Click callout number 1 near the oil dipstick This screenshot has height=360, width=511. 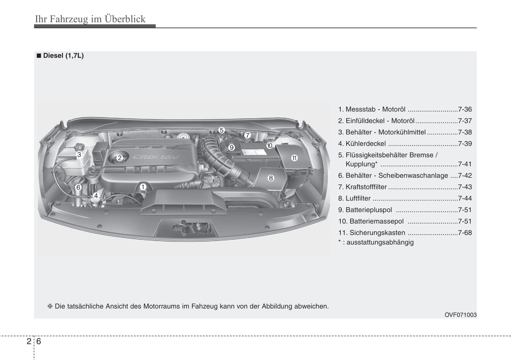point(143,187)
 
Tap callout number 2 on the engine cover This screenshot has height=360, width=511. point(120,158)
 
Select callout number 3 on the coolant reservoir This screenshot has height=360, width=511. point(79,154)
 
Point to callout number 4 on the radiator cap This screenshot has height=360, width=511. point(96,195)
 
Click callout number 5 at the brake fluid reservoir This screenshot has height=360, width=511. point(221,130)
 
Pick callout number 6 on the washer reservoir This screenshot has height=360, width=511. point(78,187)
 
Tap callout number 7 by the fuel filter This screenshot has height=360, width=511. point(247,135)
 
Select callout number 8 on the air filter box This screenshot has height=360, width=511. point(271,178)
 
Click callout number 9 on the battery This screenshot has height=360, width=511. point(232,147)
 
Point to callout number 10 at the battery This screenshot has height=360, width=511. point(269,146)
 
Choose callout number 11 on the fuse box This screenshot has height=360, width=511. point(294,158)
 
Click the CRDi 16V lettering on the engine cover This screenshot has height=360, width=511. point(156,157)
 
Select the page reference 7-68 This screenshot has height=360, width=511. point(465,232)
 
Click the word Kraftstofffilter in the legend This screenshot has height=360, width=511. point(366,187)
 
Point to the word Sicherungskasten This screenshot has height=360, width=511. point(377,232)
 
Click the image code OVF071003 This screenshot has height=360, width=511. point(460,315)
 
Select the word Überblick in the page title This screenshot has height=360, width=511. point(125,19)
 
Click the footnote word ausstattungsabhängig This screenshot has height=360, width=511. point(380,242)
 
